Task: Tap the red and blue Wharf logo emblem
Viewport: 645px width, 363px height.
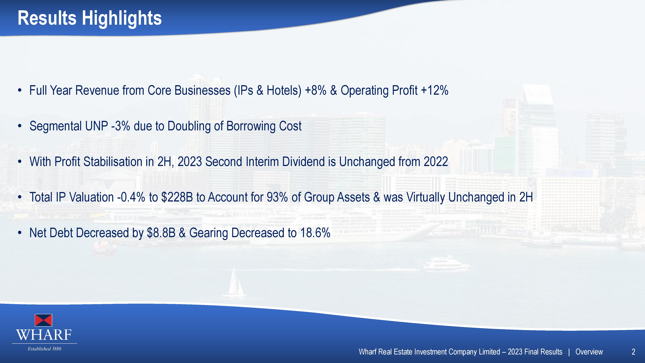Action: [x=44, y=320]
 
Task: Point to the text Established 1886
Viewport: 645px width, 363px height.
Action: [x=45, y=349]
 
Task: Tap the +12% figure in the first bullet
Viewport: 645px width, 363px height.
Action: [x=435, y=91]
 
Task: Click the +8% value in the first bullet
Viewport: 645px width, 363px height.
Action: [x=316, y=91]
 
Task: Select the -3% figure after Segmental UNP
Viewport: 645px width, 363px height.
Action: [x=121, y=126]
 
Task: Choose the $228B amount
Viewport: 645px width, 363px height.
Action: [x=177, y=197]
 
